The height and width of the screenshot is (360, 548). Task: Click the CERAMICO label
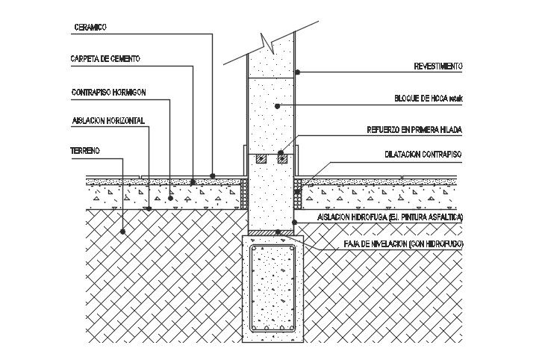pos(90,28)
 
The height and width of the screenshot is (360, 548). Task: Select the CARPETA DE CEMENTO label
pos(105,58)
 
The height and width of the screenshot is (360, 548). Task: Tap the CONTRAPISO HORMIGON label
pos(108,93)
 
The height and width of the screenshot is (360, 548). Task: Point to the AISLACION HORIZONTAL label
pos(108,120)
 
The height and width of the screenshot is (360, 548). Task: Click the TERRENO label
pos(85,151)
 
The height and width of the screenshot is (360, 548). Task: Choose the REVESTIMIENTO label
pos(438,66)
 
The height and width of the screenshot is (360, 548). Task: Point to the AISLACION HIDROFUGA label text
pos(390,217)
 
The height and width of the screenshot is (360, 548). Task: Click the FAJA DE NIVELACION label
pos(403,244)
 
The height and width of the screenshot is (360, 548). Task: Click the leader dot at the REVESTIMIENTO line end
pos(297,72)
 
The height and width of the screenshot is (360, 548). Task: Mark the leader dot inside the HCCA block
pos(278,106)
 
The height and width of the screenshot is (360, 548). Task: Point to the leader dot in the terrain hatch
pos(123,232)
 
